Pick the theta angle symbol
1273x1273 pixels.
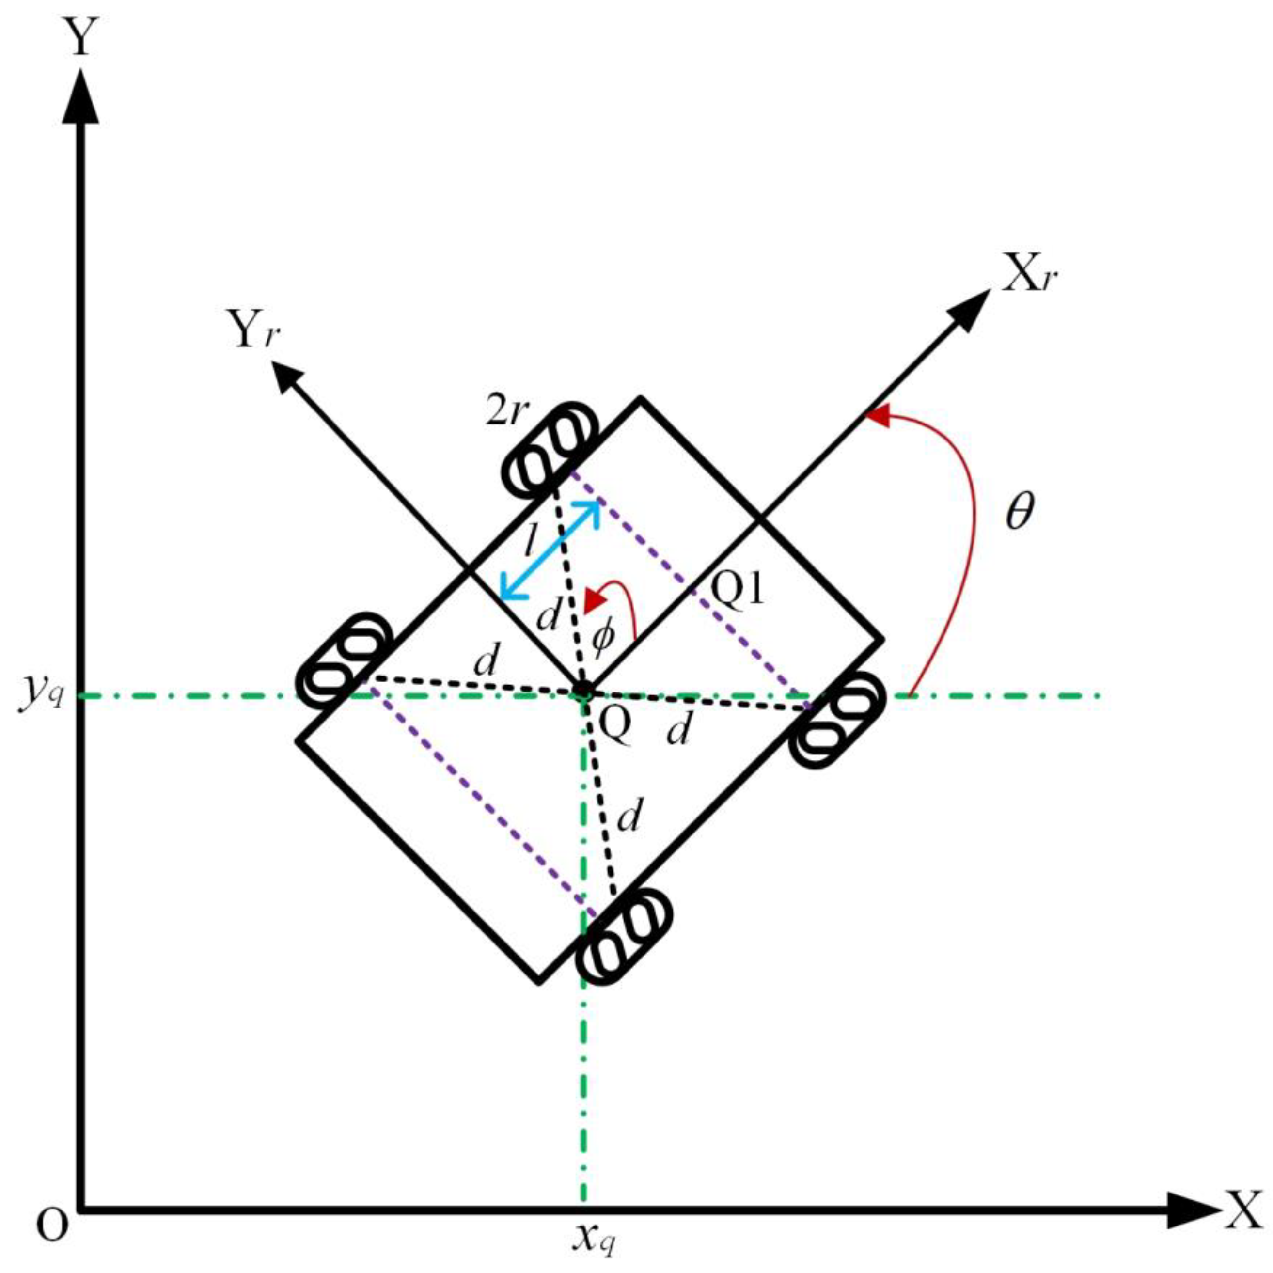click(1020, 512)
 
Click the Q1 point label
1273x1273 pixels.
click(738, 588)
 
